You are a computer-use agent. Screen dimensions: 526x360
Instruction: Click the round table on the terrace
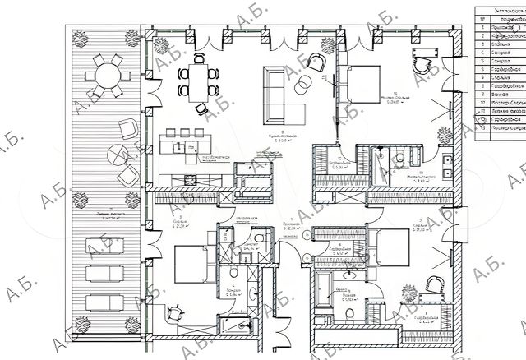(107, 78)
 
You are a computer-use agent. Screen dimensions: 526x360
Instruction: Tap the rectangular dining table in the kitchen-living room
(198, 77)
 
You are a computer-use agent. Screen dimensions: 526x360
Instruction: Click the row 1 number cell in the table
(483, 28)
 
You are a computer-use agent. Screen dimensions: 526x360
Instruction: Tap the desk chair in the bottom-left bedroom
(175, 314)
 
